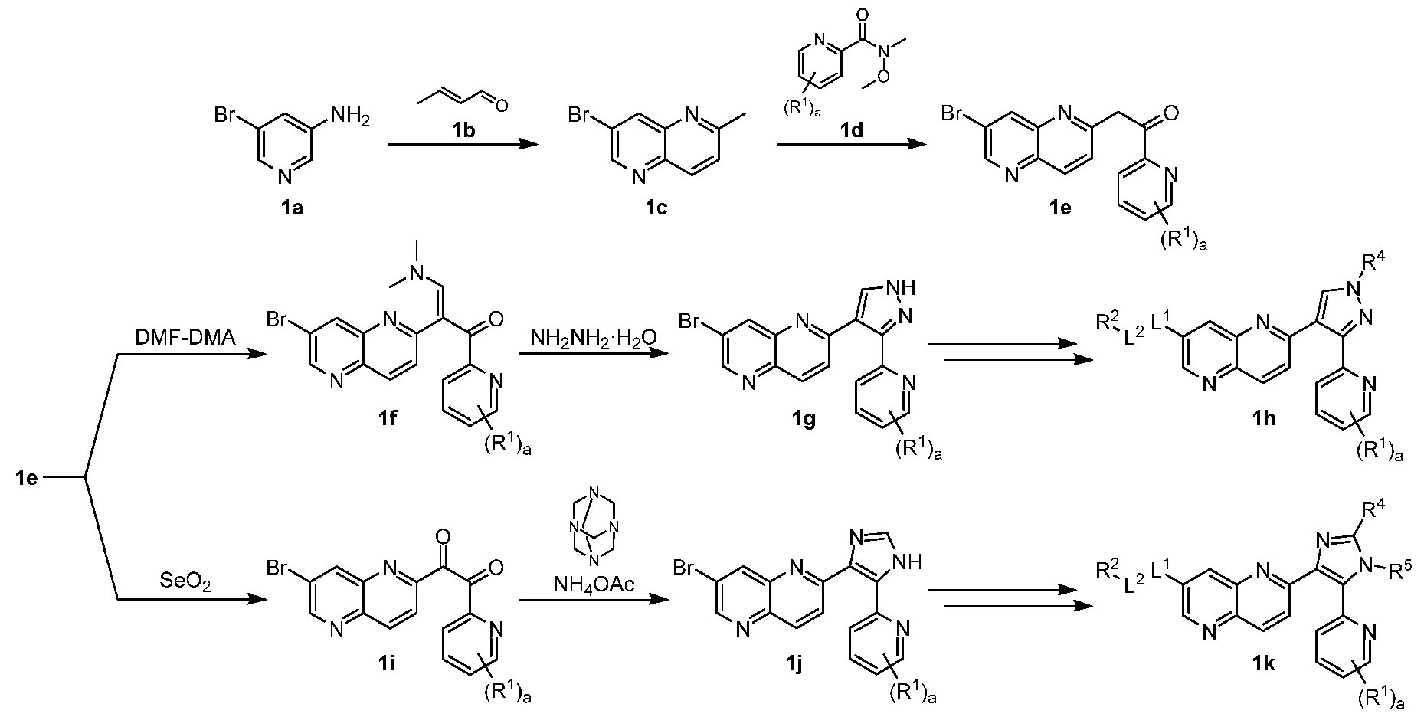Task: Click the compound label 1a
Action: pos(292,207)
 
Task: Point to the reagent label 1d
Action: pos(852,131)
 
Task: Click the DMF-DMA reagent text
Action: pos(185,336)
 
